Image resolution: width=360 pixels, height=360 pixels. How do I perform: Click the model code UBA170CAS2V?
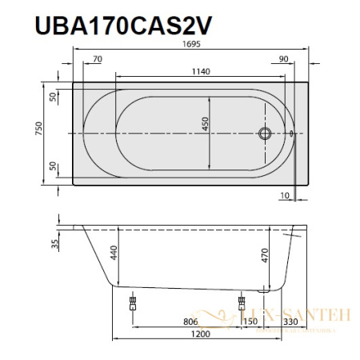124,26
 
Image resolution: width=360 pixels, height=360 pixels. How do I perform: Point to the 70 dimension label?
98,59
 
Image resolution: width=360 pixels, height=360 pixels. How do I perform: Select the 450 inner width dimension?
205,125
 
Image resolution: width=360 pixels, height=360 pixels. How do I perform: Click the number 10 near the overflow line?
286,194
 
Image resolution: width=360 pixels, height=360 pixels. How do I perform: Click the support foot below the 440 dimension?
131,303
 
